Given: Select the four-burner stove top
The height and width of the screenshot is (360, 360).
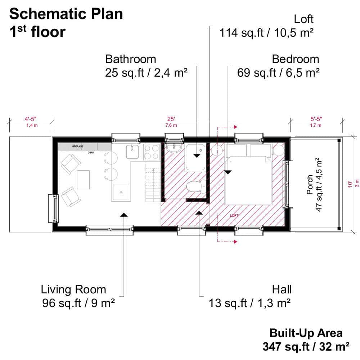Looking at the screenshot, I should (x=151, y=152).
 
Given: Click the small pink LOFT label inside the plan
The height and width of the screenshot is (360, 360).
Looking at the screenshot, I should (x=234, y=216).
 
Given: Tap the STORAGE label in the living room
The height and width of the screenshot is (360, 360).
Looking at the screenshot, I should (x=77, y=147).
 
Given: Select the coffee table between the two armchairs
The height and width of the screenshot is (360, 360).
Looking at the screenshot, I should (x=83, y=180).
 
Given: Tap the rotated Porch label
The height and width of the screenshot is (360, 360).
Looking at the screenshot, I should (x=310, y=185).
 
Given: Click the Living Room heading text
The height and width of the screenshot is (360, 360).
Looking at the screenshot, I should (x=73, y=289).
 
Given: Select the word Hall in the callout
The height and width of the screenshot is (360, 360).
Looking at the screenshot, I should (x=282, y=289).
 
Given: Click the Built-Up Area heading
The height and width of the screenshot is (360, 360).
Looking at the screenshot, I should (x=306, y=333).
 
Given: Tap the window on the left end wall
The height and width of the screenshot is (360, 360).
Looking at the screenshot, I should (x=53, y=208).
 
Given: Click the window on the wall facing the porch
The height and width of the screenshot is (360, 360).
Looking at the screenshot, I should (x=287, y=184).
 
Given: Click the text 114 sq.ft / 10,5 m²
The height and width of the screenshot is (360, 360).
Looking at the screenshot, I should (x=267, y=33).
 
